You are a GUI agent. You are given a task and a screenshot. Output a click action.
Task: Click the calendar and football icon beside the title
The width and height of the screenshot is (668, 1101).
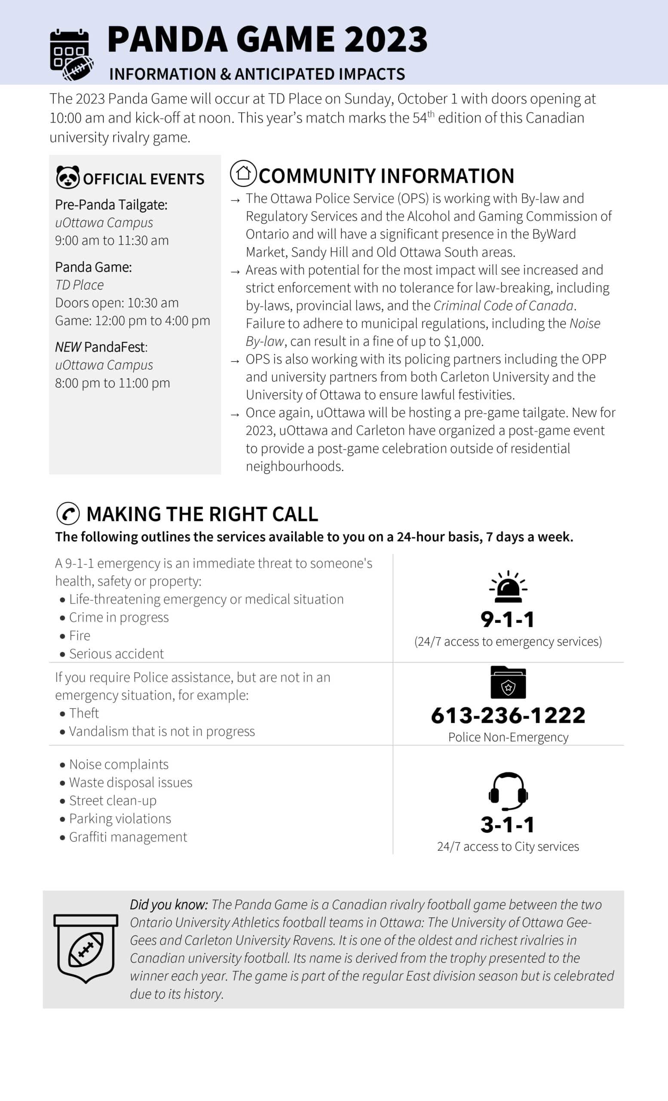(71, 55)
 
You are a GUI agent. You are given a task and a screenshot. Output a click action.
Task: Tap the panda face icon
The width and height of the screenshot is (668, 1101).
(68, 177)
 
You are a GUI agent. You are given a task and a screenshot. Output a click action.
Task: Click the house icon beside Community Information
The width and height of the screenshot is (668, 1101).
(243, 173)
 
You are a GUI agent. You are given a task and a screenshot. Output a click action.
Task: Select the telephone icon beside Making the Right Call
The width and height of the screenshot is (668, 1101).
(68, 514)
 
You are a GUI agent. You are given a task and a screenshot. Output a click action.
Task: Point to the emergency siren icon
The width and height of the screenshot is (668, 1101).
(508, 586)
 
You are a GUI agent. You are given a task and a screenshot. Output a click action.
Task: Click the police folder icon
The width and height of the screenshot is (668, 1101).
(508, 682)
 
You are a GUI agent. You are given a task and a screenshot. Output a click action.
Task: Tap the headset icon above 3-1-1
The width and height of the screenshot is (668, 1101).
(508, 791)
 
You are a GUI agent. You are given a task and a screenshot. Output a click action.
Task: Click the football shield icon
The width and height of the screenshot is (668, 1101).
(86, 948)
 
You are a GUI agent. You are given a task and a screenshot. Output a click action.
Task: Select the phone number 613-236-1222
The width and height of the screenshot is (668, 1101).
(508, 715)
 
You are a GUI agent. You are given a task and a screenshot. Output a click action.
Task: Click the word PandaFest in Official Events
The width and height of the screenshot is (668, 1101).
(116, 347)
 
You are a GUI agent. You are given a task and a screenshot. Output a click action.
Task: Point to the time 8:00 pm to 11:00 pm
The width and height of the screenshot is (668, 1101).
(113, 383)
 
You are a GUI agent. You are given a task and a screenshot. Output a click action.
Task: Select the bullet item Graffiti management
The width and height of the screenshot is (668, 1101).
(128, 837)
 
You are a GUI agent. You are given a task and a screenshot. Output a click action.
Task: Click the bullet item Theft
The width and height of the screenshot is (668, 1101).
(84, 713)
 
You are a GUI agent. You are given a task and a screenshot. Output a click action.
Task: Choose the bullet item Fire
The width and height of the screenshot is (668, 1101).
(80, 635)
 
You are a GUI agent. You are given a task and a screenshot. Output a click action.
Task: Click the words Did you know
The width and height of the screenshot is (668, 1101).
(169, 904)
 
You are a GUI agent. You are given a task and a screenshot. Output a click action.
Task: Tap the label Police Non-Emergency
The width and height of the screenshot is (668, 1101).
(508, 737)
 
